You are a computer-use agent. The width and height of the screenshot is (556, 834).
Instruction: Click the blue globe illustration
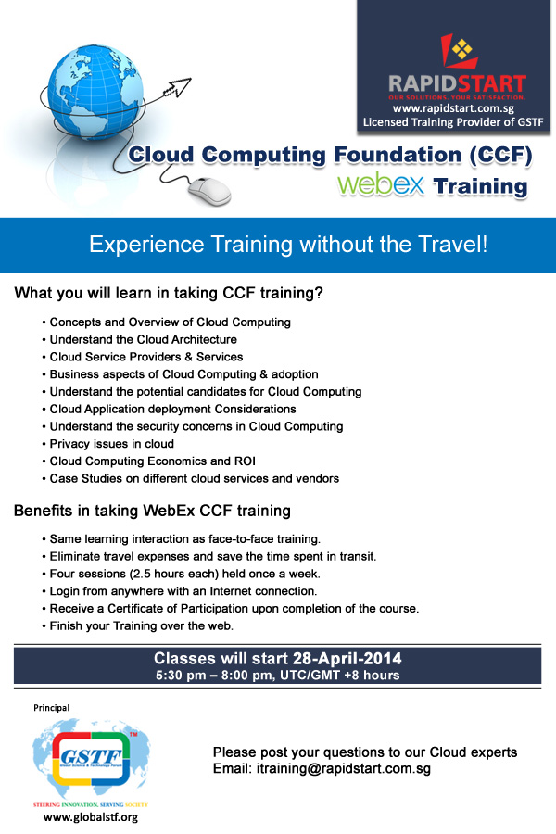(x=95, y=92)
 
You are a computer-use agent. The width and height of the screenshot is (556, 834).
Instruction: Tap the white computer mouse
(x=209, y=192)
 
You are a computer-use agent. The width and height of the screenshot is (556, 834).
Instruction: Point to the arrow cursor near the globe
(x=177, y=87)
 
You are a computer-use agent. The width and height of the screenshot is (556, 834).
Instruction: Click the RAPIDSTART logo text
(x=457, y=84)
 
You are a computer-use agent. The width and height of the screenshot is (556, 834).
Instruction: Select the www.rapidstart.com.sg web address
(x=453, y=108)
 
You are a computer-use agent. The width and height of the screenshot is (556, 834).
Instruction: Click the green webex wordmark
(x=381, y=184)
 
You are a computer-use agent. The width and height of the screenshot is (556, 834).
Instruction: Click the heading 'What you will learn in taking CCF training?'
(x=169, y=293)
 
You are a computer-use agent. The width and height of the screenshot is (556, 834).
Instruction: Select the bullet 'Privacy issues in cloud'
(x=112, y=444)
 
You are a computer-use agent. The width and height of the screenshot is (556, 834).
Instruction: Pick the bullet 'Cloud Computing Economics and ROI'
(x=153, y=461)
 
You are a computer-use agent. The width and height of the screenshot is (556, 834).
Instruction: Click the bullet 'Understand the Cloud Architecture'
(x=143, y=339)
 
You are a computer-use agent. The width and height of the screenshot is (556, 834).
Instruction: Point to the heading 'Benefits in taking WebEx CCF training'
(x=152, y=511)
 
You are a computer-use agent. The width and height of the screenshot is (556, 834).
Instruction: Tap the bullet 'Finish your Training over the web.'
(x=142, y=626)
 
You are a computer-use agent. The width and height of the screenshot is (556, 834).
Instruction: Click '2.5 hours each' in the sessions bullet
(x=173, y=574)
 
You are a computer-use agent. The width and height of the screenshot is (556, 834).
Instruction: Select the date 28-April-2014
(x=347, y=659)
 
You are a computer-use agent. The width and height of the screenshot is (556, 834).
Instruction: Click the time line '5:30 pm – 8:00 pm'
(x=215, y=676)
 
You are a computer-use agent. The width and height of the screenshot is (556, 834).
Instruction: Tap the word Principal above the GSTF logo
(x=52, y=708)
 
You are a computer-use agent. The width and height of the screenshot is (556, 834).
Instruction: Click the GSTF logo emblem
(x=91, y=758)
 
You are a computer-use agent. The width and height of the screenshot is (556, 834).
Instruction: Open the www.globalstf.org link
(x=91, y=817)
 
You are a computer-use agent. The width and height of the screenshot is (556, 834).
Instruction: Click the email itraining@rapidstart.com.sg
(x=343, y=768)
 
